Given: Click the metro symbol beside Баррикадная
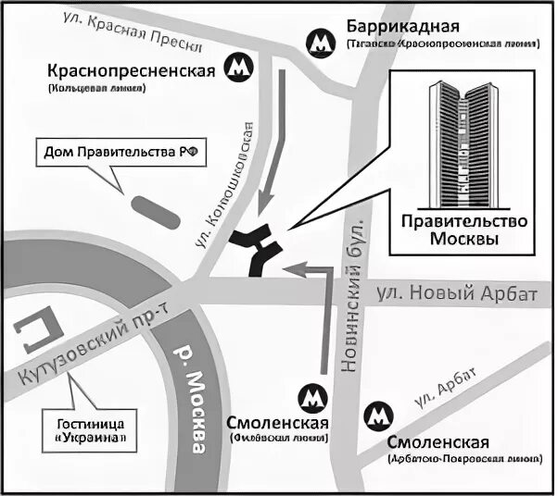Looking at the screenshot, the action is click(321, 41).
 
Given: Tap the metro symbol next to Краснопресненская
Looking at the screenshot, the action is click(240, 69).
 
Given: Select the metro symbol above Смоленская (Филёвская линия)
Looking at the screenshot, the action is click(312, 398).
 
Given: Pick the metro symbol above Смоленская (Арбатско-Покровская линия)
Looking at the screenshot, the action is click(379, 414).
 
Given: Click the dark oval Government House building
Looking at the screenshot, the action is click(153, 213).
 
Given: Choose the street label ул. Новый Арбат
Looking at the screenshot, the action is click(457, 295).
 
